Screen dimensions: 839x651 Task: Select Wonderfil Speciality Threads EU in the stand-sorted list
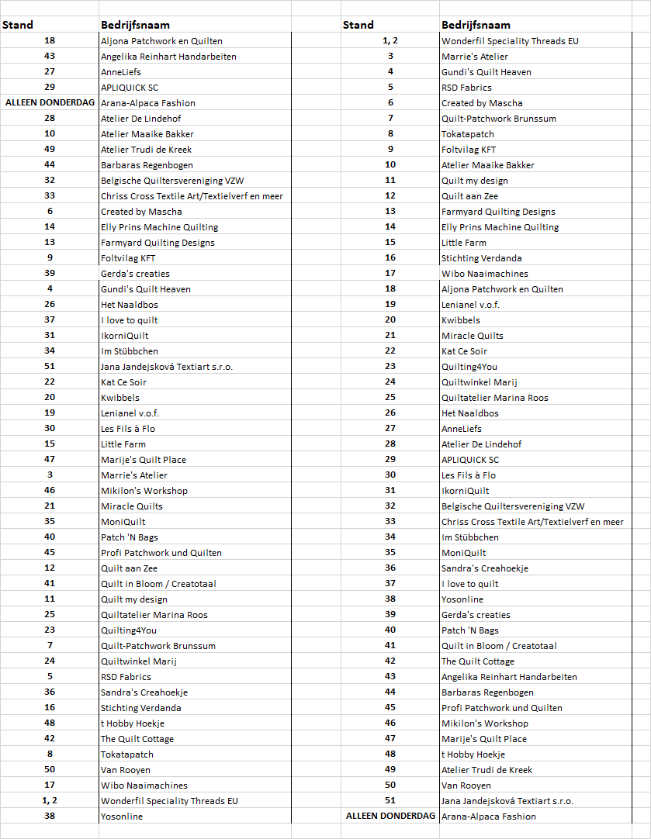pyautogui.click(x=510, y=41)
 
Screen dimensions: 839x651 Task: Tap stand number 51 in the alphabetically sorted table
pyautogui.click(x=50, y=367)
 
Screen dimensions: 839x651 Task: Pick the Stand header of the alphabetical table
pyautogui.click(x=17, y=25)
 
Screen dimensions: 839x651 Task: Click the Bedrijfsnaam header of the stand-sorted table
pyautogui.click(x=475, y=25)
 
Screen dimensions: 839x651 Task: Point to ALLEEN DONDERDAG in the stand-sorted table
pyautogui.click(x=390, y=817)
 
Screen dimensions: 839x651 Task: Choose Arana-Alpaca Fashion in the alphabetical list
pyautogui.click(x=147, y=103)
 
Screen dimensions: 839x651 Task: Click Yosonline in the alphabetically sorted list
pyautogui.click(x=122, y=817)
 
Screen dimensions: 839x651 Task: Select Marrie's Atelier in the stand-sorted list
pyautogui.click(x=475, y=57)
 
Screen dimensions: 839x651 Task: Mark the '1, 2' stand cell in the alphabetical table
pyautogui.click(x=50, y=801)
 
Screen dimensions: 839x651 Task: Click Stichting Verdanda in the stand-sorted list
pyautogui.click(x=481, y=258)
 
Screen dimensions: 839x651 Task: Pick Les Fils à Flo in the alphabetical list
pyautogui.click(x=127, y=429)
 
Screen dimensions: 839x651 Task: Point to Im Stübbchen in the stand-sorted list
pyautogui.click(x=470, y=537)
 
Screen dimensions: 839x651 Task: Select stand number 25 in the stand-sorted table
pyautogui.click(x=390, y=398)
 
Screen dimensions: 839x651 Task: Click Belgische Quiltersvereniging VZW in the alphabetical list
pyautogui.click(x=171, y=181)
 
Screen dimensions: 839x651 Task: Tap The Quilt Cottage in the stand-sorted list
pyautogui.click(x=478, y=661)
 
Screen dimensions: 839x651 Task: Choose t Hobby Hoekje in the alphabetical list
pyautogui.click(x=133, y=723)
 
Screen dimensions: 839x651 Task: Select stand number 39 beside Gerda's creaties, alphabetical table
pyautogui.click(x=50, y=274)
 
